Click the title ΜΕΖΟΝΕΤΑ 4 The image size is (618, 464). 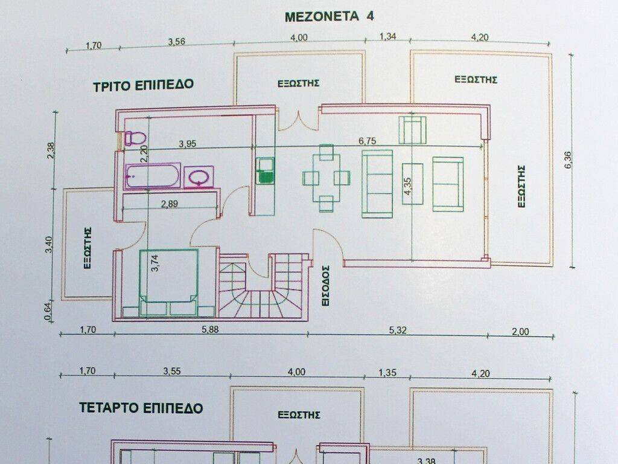[x=329, y=16]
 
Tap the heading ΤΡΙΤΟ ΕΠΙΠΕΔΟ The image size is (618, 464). [x=144, y=85]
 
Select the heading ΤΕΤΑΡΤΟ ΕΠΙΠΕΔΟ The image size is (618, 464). [x=141, y=408]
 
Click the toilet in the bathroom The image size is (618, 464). [x=135, y=138]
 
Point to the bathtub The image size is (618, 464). [x=152, y=176]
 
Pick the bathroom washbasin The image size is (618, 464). [x=199, y=177]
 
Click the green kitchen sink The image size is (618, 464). [x=265, y=170]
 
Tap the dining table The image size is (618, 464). [x=326, y=178]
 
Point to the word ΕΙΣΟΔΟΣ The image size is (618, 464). [x=326, y=286]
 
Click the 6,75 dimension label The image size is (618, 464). [x=368, y=141]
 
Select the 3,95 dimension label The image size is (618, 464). [x=189, y=144]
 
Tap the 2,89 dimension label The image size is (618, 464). [x=169, y=204]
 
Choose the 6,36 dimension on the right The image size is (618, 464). [x=567, y=159]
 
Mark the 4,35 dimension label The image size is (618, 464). [x=409, y=185]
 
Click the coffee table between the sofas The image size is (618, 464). [x=413, y=183]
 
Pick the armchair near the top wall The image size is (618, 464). [x=412, y=129]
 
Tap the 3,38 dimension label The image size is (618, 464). [x=427, y=461]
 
